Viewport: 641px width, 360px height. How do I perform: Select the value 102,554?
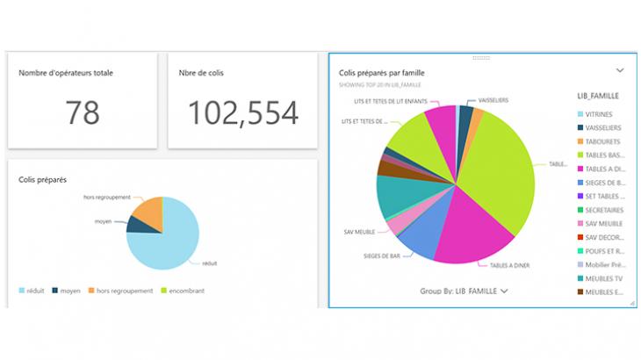pyautogui.click(x=243, y=112)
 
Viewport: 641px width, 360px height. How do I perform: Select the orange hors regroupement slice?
pyautogui.click(x=150, y=210)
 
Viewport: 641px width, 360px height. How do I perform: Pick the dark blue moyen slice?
pyautogui.click(x=137, y=225)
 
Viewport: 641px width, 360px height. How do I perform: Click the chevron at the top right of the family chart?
pyautogui.click(x=619, y=69)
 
